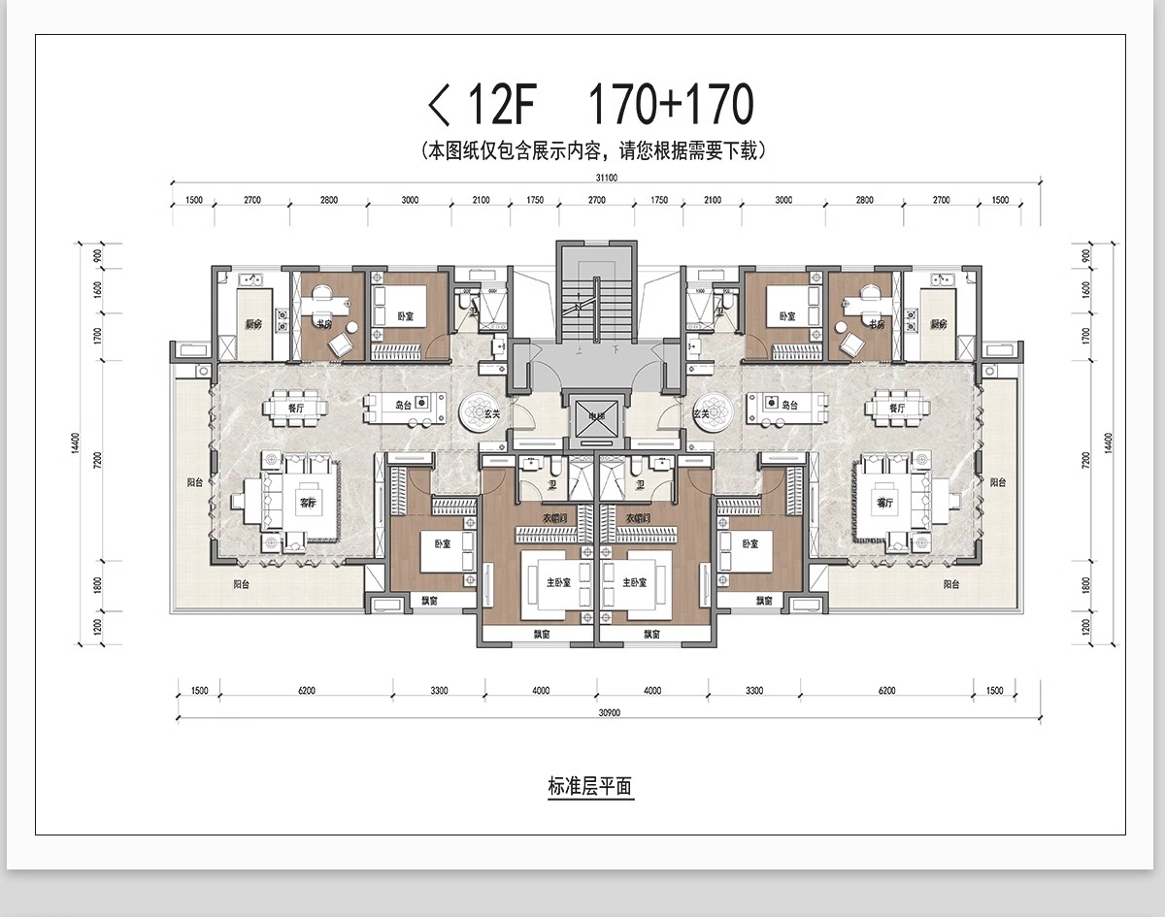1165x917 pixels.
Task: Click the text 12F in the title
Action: pos(499,105)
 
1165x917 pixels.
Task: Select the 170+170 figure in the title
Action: pos(671,105)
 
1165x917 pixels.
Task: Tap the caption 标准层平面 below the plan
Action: pos(589,787)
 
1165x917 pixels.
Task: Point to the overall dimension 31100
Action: pos(606,178)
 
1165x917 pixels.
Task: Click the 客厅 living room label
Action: pos(308,503)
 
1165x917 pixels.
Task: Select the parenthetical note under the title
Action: pos(594,150)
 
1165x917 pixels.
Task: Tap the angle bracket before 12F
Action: pos(440,105)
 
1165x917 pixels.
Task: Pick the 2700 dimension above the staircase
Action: pos(596,200)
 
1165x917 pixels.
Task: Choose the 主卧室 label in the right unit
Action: pos(636,583)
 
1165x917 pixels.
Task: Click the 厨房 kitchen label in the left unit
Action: pos(252,324)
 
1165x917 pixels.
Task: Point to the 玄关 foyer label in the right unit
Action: pos(701,414)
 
